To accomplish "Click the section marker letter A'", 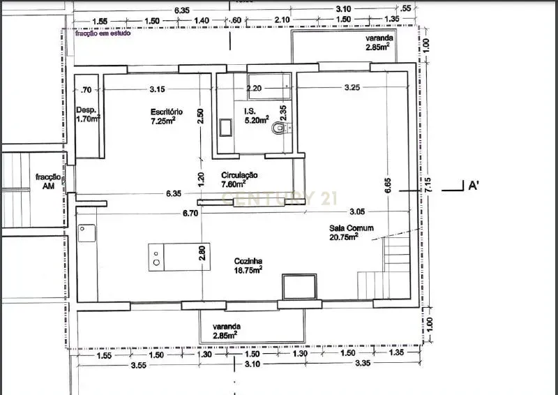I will pyautogui.click(x=472, y=186).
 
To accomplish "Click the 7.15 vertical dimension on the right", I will pyautogui.click(x=429, y=184).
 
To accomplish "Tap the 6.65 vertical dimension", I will pyautogui.click(x=389, y=184).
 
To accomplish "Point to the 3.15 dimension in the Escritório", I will pyautogui.click(x=158, y=89).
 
